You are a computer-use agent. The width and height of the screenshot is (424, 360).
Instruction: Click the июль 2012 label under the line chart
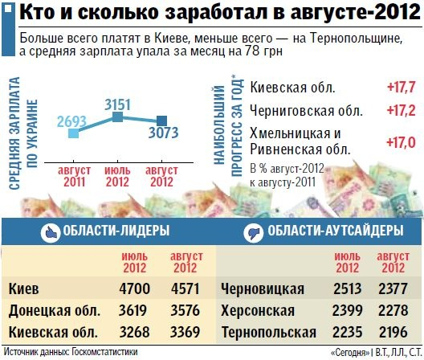117,175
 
